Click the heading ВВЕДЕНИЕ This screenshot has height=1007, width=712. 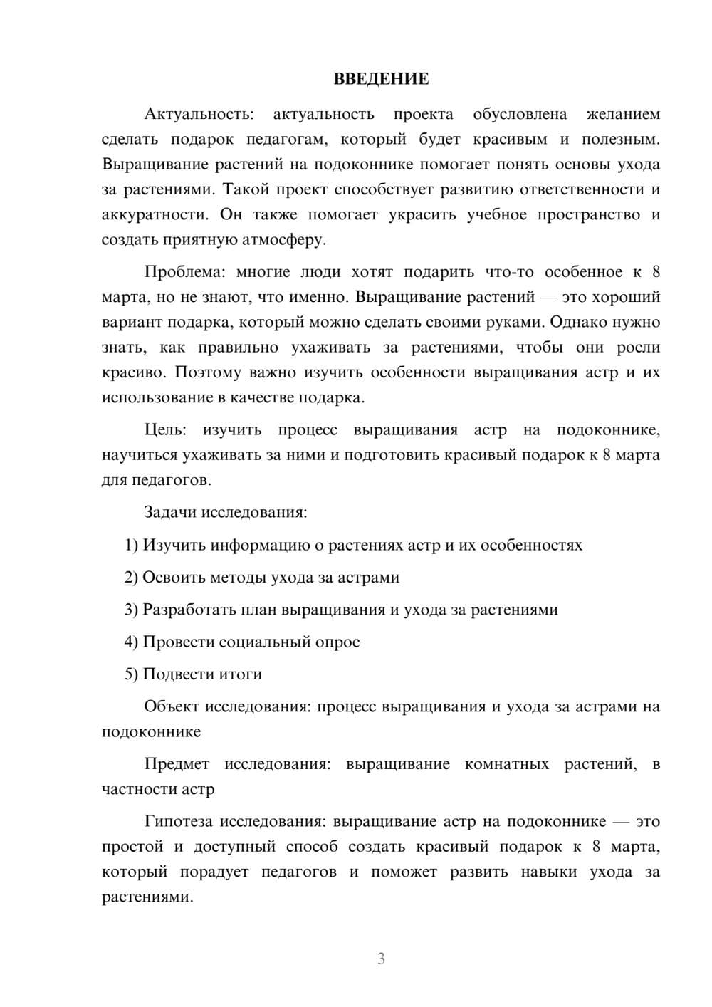click(x=381, y=79)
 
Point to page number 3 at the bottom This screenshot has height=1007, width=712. click(x=381, y=959)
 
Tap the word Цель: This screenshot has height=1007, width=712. click(x=165, y=429)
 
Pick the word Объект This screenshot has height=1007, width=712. click(x=172, y=706)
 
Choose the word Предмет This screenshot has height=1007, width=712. click(x=177, y=764)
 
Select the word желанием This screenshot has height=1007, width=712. click(x=623, y=114)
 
